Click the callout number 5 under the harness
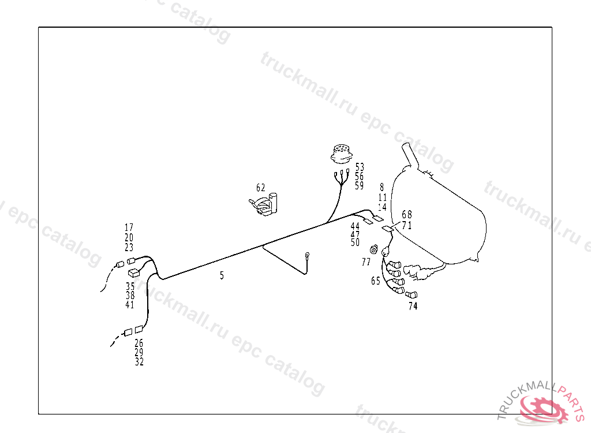click(x=222, y=275)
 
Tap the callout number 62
click(x=261, y=188)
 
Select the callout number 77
click(x=366, y=262)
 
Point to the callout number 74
click(x=413, y=307)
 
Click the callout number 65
click(x=376, y=281)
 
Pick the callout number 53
click(x=360, y=167)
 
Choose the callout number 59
click(x=360, y=186)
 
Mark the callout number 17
click(x=129, y=227)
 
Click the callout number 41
click(x=130, y=305)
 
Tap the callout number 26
click(x=139, y=342)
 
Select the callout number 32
click(x=139, y=362)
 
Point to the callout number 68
click(x=407, y=215)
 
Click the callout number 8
click(x=381, y=187)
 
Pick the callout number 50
click(x=355, y=243)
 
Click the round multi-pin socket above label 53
click(x=341, y=153)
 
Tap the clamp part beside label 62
click(x=266, y=204)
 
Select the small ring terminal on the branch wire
click(x=308, y=255)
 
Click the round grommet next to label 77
click(x=374, y=249)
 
